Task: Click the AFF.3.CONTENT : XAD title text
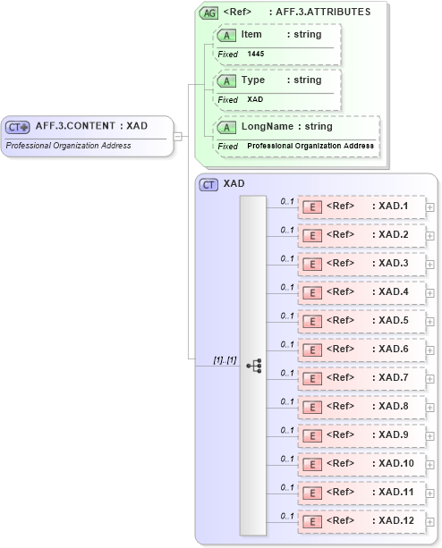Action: point(91,126)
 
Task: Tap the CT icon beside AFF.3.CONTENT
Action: point(18,127)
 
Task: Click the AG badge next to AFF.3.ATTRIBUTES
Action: point(208,13)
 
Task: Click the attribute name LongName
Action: point(268,127)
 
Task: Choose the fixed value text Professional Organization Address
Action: point(310,146)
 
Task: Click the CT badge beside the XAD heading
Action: point(208,184)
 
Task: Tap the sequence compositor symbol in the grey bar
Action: point(253,366)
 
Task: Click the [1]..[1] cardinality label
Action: point(224,359)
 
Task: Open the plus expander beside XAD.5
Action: point(430,321)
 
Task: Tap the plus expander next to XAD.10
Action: point(430,464)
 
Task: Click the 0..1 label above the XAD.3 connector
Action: point(287,258)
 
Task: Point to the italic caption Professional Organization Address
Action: point(68,146)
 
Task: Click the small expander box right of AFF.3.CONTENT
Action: point(178,136)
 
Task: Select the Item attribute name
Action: point(251,34)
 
